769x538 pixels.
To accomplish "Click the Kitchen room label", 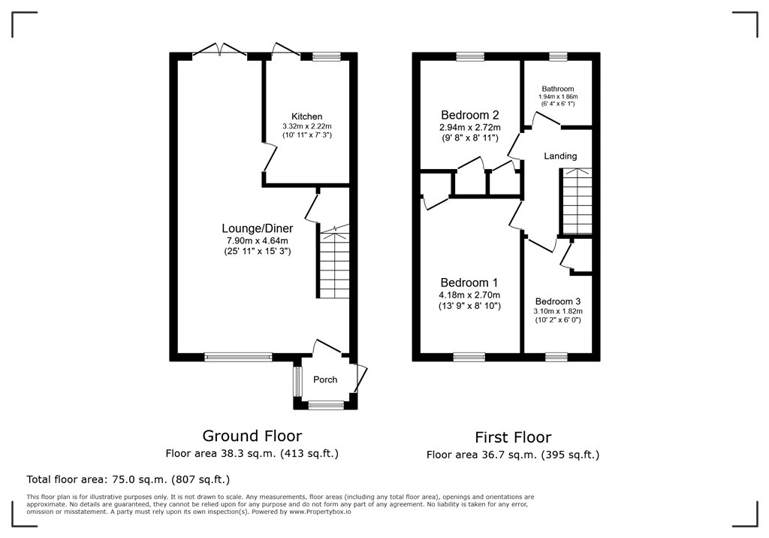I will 307,116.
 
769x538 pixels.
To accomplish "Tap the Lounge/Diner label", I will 257,228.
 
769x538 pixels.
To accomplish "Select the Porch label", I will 325,380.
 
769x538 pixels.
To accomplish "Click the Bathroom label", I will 558,89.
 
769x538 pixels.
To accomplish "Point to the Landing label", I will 560,156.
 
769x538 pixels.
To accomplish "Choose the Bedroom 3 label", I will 558,299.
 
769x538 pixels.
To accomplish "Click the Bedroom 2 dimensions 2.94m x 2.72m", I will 469,128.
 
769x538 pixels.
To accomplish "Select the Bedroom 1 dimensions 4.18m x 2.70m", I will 469,295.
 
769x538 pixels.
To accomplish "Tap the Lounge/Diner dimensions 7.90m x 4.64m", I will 258,240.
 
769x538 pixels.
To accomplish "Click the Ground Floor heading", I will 252,436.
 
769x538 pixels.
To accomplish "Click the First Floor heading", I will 513,437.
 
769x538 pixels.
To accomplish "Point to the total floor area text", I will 128,479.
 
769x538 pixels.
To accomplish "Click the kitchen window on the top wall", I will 326,56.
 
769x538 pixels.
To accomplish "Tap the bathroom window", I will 558,56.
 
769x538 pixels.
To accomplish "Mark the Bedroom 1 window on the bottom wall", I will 469,357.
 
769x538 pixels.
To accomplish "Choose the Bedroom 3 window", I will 556,357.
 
